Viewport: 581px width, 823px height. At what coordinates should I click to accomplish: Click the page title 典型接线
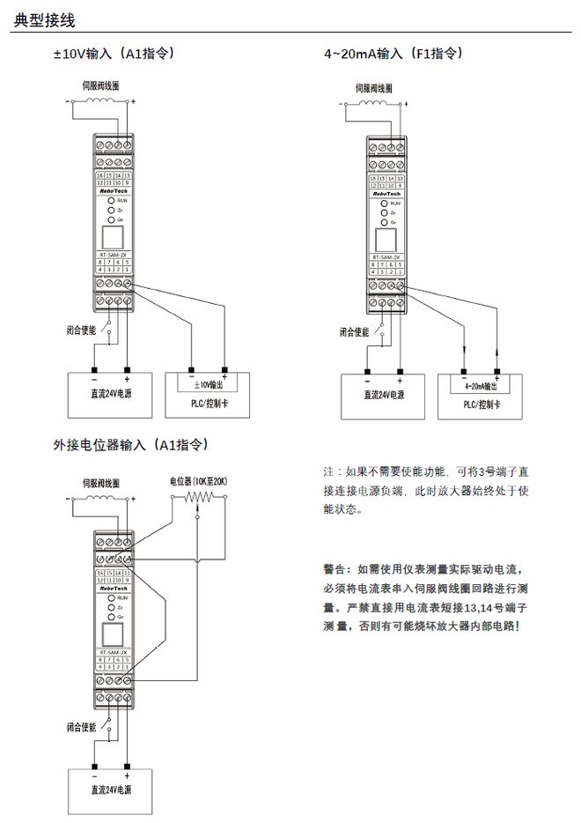44,19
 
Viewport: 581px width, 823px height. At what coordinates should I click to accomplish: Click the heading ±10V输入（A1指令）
114,54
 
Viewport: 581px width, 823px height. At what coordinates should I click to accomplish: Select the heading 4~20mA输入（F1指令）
393,54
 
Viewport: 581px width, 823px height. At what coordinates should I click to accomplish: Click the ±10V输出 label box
208,385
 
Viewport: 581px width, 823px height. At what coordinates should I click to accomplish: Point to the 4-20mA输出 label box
481,386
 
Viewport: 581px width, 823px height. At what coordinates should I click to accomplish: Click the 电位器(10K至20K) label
199,482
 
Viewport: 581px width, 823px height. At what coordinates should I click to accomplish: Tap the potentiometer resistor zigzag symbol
199,498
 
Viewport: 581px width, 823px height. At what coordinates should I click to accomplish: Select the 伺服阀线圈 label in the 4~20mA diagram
374,88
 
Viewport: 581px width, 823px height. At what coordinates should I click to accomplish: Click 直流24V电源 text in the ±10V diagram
112,395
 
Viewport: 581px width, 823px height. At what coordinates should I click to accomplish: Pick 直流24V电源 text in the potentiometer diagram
112,789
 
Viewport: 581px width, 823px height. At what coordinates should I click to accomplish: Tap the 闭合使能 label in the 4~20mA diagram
354,332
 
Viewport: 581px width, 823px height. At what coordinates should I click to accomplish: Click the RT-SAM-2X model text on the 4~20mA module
386,256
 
